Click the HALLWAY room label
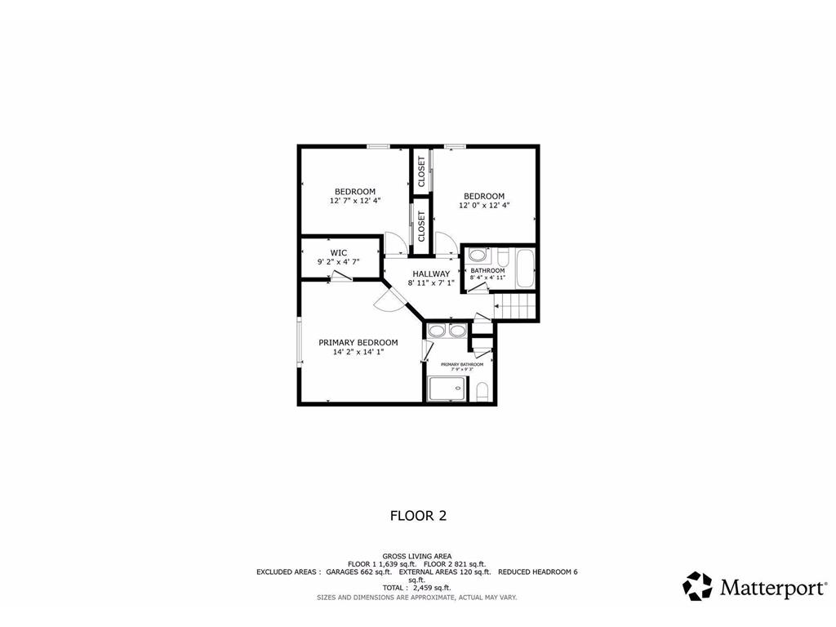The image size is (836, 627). pyautogui.click(x=430, y=273)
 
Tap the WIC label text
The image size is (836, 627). pyautogui.click(x=339, y=252)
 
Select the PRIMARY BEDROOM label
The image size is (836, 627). pyautogui.click(x=358, y=342)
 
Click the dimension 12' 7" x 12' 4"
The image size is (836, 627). pyautogui.click(x=355, y=201)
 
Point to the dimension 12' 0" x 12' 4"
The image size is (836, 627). pyautogui.click(x=483, y=206)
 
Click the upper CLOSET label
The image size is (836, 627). pyautogui.click(x=421, y=171)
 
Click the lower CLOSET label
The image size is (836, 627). pyautogui.click(x=421, y=225)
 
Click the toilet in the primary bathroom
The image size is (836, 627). pyautogui.click(x=482, y=391)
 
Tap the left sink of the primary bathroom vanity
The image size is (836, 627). pyautogui.click(x=437, y=331)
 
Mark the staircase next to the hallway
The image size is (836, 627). pyautogui.click(x=516, y=309)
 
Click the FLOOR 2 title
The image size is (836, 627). pyautogui.click(x=418, y=515)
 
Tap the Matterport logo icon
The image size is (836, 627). pyautogui.click(x=697, y=585)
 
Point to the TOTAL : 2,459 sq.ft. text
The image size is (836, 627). pyautogui.click(x=417, y=588)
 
